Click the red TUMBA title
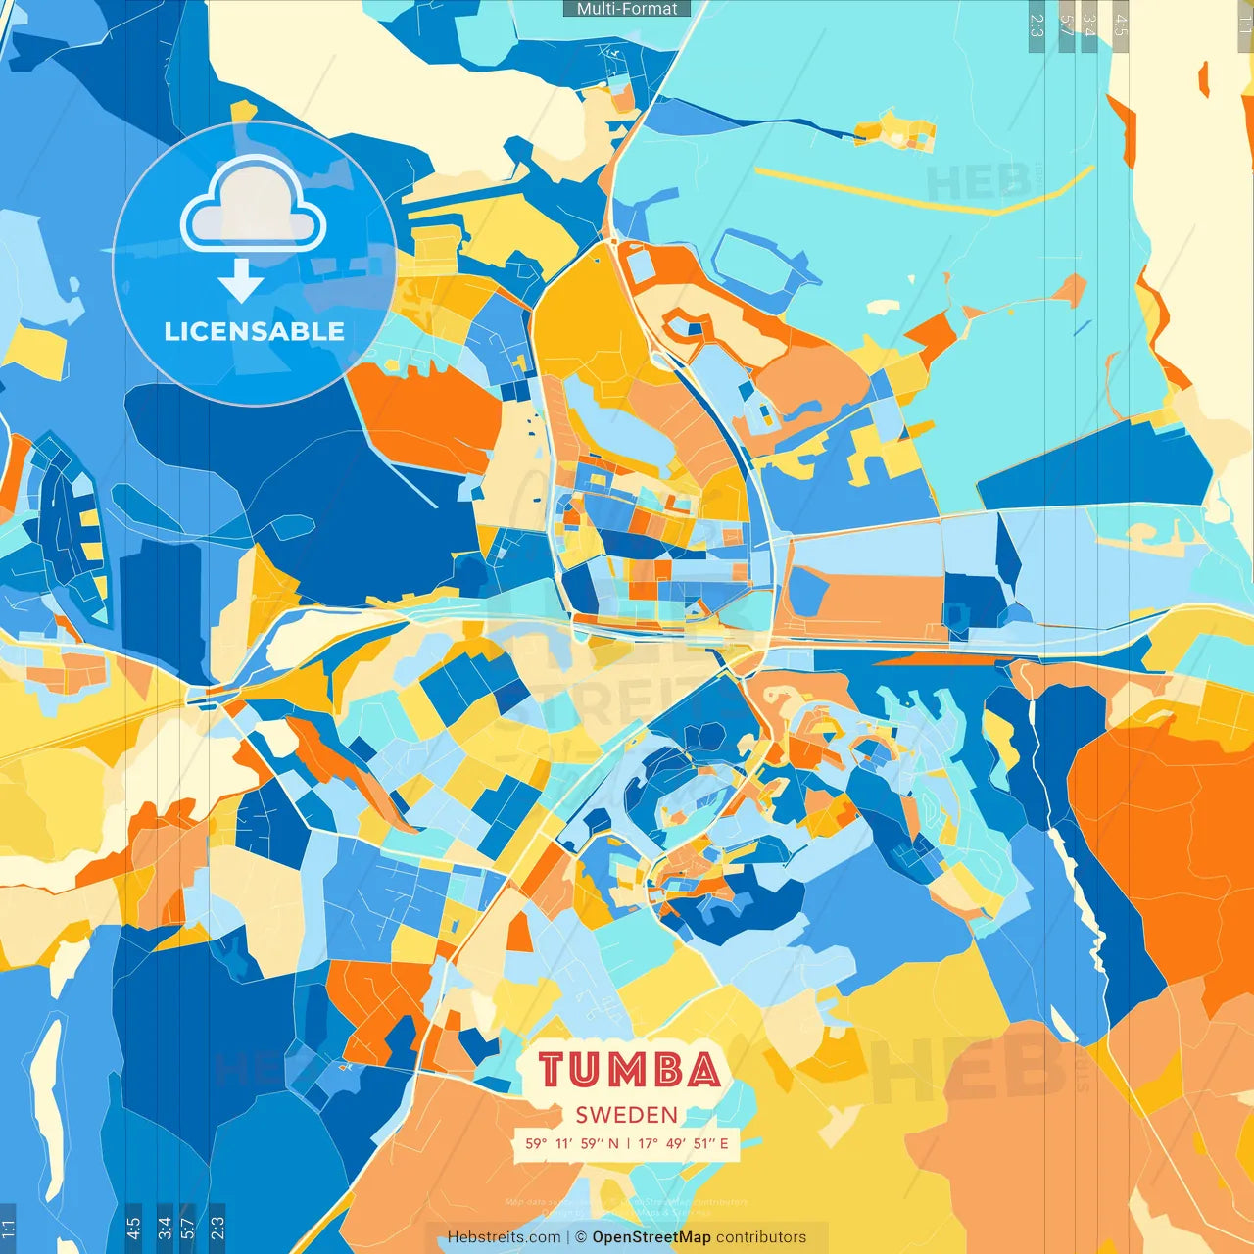coord(629,1070)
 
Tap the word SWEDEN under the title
coord(627,1115)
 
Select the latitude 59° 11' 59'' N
coord(572,1143)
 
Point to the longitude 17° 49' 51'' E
coord(683,1143)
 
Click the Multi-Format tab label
coord(627,9)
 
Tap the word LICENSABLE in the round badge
coord(255,331)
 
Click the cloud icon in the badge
coord(254,206)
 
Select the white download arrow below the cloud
coord(241,281)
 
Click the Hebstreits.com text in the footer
coord(504,1237)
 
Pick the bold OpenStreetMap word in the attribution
coord(651,1237)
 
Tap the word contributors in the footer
coord(761,1237)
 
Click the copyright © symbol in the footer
coord(581,1237)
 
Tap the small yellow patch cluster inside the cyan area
coord(893,131)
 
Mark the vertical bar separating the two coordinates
coord(628,1143)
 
